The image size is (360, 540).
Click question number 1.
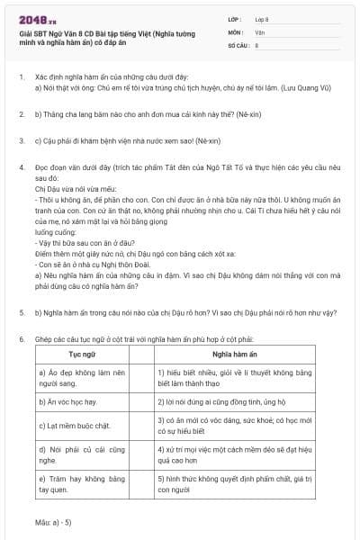pyautogui.click(x=21, y=78)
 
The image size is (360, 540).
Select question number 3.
pyautogui.click(x=21, y=141)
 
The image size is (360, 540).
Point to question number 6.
pyautogui.click(x=21, y=338)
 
